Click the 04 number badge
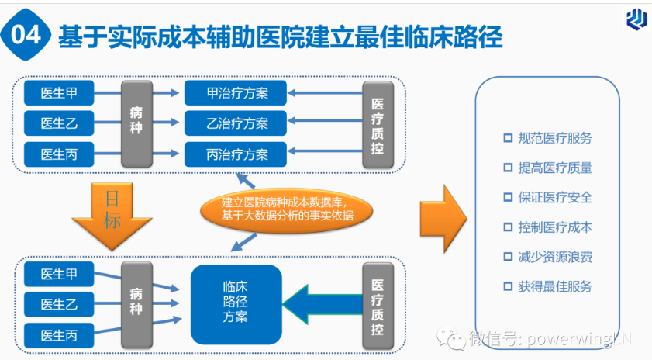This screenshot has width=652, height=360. pos(26,35)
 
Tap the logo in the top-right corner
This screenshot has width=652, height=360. pos(636,19)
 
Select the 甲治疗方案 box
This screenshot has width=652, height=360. pos(236,93)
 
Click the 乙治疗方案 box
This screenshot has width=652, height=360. pos(236,123)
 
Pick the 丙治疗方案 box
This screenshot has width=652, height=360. pos(236,154)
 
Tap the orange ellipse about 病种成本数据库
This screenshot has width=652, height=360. pos(287,209)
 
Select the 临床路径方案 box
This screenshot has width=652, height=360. pos(236,305)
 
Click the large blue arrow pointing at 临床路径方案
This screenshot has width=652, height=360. pos(323,304)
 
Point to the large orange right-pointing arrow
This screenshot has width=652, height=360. pos(443,219)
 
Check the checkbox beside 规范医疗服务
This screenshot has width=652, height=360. pos(508,138)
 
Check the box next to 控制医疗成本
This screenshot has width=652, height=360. pos(508,227)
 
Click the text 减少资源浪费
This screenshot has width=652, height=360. pos(555,257)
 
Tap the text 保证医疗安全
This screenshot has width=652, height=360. pos(555,197)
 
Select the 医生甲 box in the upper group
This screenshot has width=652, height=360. pos(59,93)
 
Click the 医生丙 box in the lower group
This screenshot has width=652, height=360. pos(59,335)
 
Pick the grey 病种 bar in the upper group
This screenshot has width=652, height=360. pos(136,123)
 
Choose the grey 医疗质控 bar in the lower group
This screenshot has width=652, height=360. pos(378,306)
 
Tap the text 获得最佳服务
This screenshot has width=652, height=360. pos(555,286)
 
